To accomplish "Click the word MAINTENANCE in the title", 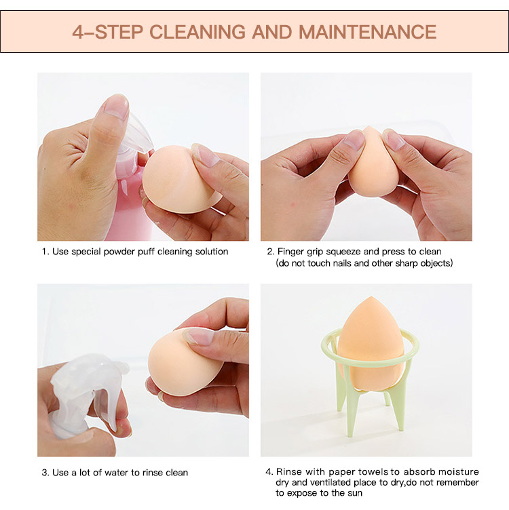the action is coord(367,32).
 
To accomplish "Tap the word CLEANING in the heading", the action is coord(197,32).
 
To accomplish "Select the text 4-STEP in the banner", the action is coord(108,32).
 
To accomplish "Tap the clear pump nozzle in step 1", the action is coord(136,130).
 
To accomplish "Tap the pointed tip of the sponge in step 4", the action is coord(370,297).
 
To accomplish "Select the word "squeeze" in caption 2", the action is coord(343,252).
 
